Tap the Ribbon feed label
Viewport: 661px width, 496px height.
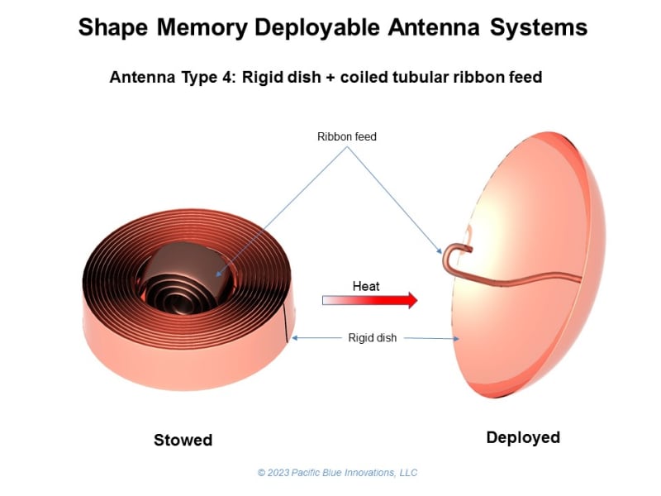[347, 136]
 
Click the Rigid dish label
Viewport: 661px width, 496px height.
[373, 337]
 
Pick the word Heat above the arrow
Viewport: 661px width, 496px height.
[366, 286]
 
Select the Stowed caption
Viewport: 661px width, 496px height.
[183, 440]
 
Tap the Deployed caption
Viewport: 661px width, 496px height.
[523, 437]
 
